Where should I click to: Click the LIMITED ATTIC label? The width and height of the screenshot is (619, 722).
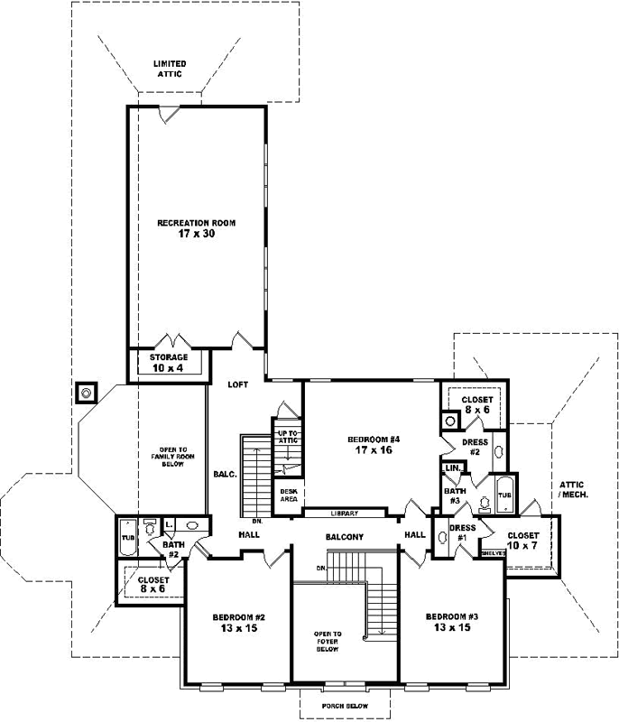(x=169, y=69)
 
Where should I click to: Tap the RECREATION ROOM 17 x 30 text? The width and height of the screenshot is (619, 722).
(x=197, y=228)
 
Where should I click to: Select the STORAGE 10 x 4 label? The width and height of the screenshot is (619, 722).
(x=169, y=363)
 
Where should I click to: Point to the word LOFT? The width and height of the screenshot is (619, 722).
(x=237, y=385)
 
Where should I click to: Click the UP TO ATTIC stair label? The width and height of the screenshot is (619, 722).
(x=287, y=438)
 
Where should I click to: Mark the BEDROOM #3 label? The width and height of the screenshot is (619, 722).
(x=451, y=623)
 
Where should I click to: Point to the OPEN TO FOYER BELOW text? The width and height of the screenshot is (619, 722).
(x=327, y=642)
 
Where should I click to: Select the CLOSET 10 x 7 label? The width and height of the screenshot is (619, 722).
(x=522, y=541)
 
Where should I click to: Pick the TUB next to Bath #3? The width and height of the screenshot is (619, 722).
(x=504, y=495)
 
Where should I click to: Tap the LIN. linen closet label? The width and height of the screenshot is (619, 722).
(x=452, y=468)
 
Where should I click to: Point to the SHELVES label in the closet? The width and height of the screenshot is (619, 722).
(x=493, y=553)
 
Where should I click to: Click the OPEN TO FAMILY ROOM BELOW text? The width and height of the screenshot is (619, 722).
(x=171, y=457)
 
